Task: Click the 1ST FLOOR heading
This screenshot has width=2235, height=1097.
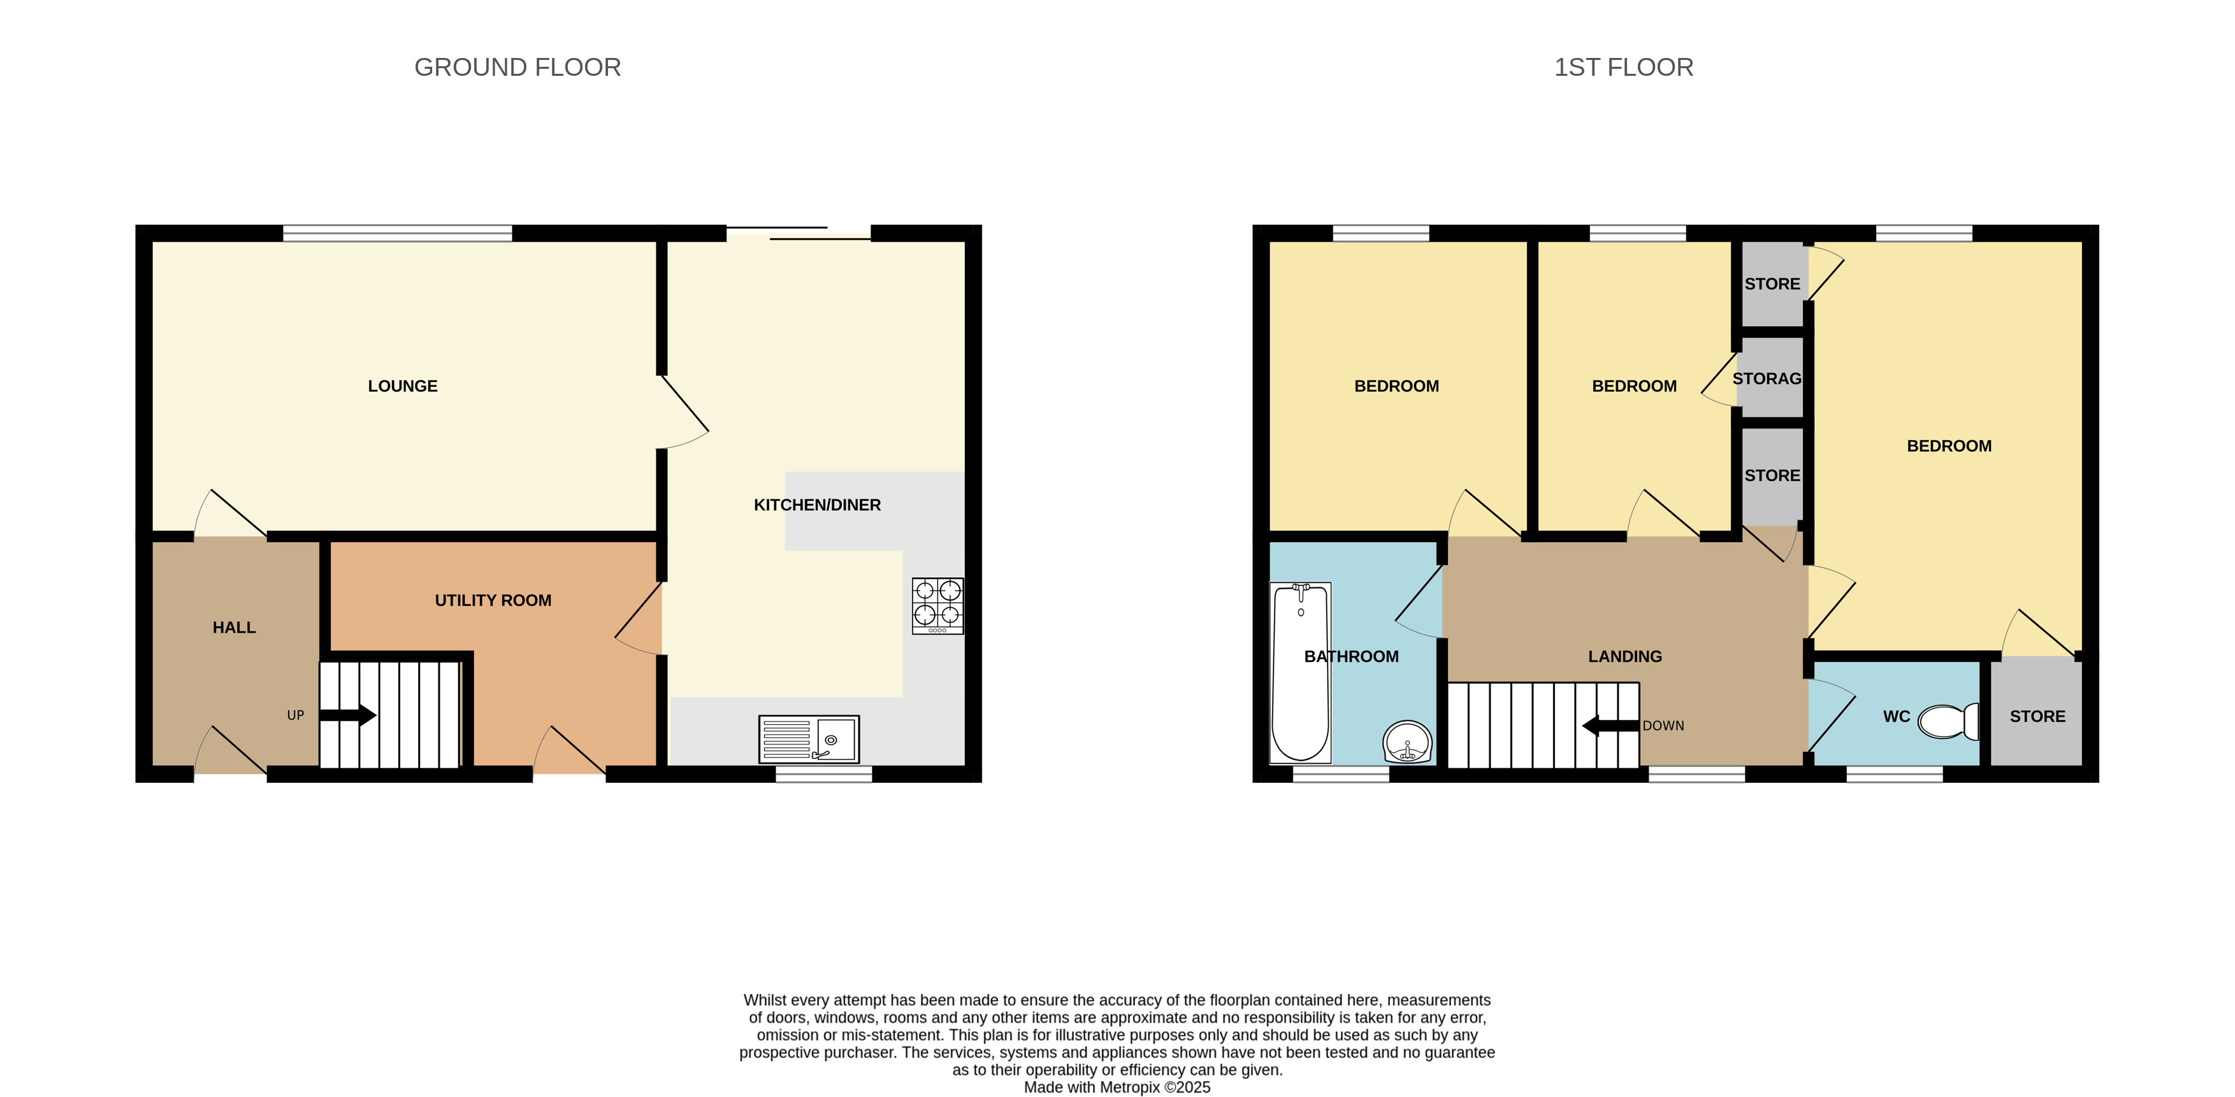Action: point(1623,68)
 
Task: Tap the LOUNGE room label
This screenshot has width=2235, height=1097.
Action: point(403,387)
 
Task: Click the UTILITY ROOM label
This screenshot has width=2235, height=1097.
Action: point(493,601)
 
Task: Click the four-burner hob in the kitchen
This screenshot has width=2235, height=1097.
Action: point(937,605)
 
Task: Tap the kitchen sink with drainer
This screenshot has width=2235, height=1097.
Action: point(809,739)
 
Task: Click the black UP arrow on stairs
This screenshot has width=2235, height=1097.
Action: point(348,715)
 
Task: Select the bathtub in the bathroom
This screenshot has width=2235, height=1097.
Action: point(1299,673)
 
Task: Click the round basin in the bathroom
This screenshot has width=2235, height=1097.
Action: point(1407,742)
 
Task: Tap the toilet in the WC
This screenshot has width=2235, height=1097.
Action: point(1949,721)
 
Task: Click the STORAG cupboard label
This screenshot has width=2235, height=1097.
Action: point(1767,379)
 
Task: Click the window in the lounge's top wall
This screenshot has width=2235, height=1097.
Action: point(398,233)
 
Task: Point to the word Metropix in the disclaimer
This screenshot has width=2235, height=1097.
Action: point(1130,1087)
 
